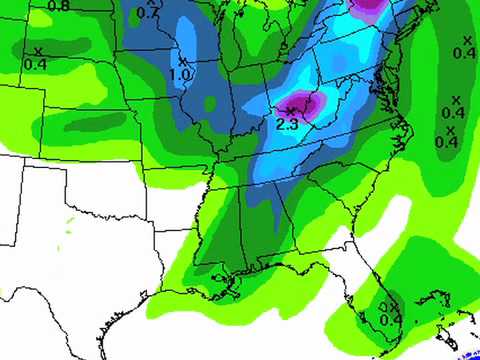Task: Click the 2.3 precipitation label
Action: point(288,122)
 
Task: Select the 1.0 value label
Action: point(182,74)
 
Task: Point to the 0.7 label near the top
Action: point(148,14)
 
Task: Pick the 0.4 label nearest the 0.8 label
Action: point(36,64)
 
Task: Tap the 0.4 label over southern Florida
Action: point(392,318)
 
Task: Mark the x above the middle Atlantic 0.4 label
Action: point(456,99)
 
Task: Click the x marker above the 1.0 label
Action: point(183,59)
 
